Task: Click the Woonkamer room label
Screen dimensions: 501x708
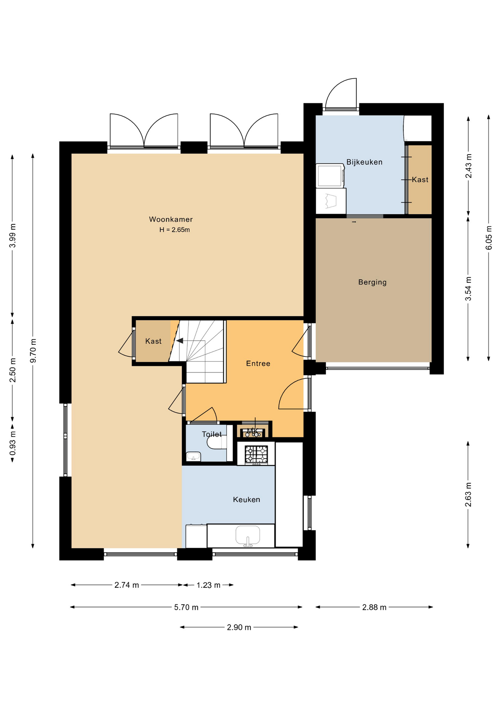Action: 171,219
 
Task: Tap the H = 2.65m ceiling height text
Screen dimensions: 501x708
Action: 175,230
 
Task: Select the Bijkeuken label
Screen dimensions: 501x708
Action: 364,162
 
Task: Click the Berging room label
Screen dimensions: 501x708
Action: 373,282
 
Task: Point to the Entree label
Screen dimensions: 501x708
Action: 258,364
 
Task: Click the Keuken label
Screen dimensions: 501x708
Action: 246,500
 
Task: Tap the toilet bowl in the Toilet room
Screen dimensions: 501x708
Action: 217,443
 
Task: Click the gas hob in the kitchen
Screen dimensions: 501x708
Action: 256,454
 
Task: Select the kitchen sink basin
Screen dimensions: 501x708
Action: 248,535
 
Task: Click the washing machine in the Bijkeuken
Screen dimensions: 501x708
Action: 330,176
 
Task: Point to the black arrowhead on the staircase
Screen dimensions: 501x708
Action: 180,341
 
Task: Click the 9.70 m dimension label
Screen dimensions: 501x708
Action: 33,350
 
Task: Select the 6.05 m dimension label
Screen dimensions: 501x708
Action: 489,237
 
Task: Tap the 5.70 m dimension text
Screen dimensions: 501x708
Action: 186,607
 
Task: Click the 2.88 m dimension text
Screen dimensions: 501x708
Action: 374,607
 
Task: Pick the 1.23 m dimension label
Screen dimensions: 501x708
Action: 208,585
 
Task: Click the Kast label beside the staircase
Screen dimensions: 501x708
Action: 153,341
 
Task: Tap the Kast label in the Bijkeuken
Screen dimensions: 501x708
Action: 420,180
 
